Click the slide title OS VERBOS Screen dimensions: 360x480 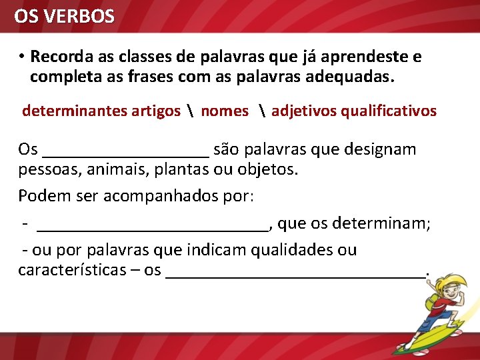tap(65, 16)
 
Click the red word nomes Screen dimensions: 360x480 tap(224, 111)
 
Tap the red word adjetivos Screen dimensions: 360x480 tap(304, 111)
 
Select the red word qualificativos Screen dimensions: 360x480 tap(389, 111)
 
